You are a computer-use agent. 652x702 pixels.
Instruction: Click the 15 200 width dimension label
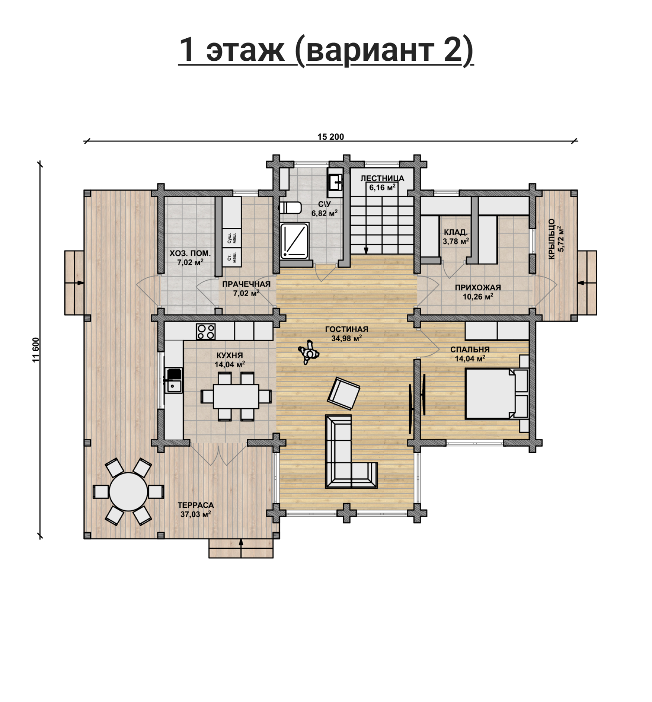(331, 137)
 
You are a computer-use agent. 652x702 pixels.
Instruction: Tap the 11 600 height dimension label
(36, 349)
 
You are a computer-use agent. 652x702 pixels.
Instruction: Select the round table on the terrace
(128, 491)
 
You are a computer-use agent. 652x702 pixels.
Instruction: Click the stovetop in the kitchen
(205, 331)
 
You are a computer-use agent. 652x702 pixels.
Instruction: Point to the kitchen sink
(173, 380)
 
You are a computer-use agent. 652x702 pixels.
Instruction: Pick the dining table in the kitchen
(236, 396)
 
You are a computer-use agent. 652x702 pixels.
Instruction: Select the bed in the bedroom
(496, 394)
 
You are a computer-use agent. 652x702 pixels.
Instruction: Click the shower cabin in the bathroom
(294, 241)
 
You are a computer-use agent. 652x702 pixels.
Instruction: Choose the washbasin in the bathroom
(335, 182)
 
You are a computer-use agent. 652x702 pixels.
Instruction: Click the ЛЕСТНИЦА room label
(382, 178)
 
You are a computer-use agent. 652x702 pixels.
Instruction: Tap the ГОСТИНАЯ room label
(347, 329)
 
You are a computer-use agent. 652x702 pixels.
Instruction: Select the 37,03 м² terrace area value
(196, 514)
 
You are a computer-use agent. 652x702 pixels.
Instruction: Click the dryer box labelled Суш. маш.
(231, 238)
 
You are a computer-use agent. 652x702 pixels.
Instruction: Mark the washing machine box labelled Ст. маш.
(231, 258)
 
